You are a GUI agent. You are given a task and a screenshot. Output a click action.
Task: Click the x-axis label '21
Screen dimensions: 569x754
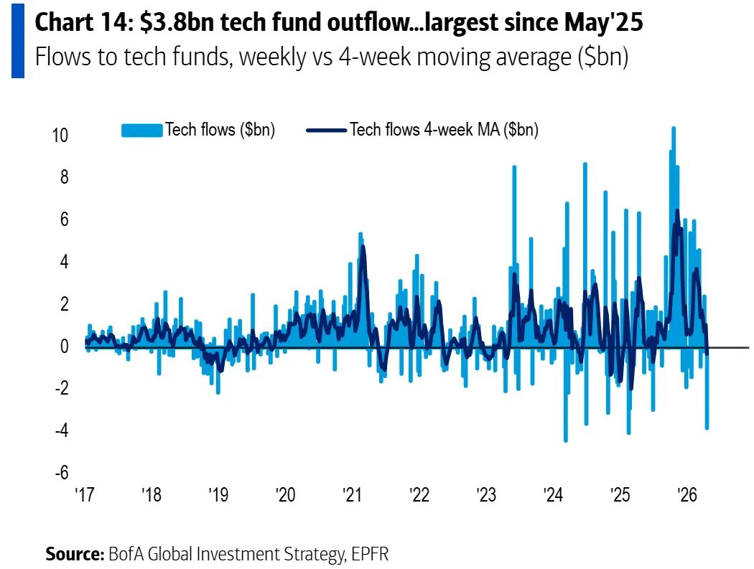coord(352,495)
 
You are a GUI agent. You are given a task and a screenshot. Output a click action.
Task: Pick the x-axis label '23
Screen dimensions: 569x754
coord(485,495)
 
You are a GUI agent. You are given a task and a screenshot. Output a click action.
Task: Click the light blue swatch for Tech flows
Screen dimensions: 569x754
coord(142,130)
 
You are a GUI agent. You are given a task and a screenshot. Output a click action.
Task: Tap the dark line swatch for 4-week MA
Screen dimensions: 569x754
coord(327,130)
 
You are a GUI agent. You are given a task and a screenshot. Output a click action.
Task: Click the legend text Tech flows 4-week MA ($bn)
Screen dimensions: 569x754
coord(444,130)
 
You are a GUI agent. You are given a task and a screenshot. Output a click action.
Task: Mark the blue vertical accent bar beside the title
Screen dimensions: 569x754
coord(17,39)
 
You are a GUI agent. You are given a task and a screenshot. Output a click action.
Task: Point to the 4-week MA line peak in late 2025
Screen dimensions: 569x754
coord(676,211)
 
